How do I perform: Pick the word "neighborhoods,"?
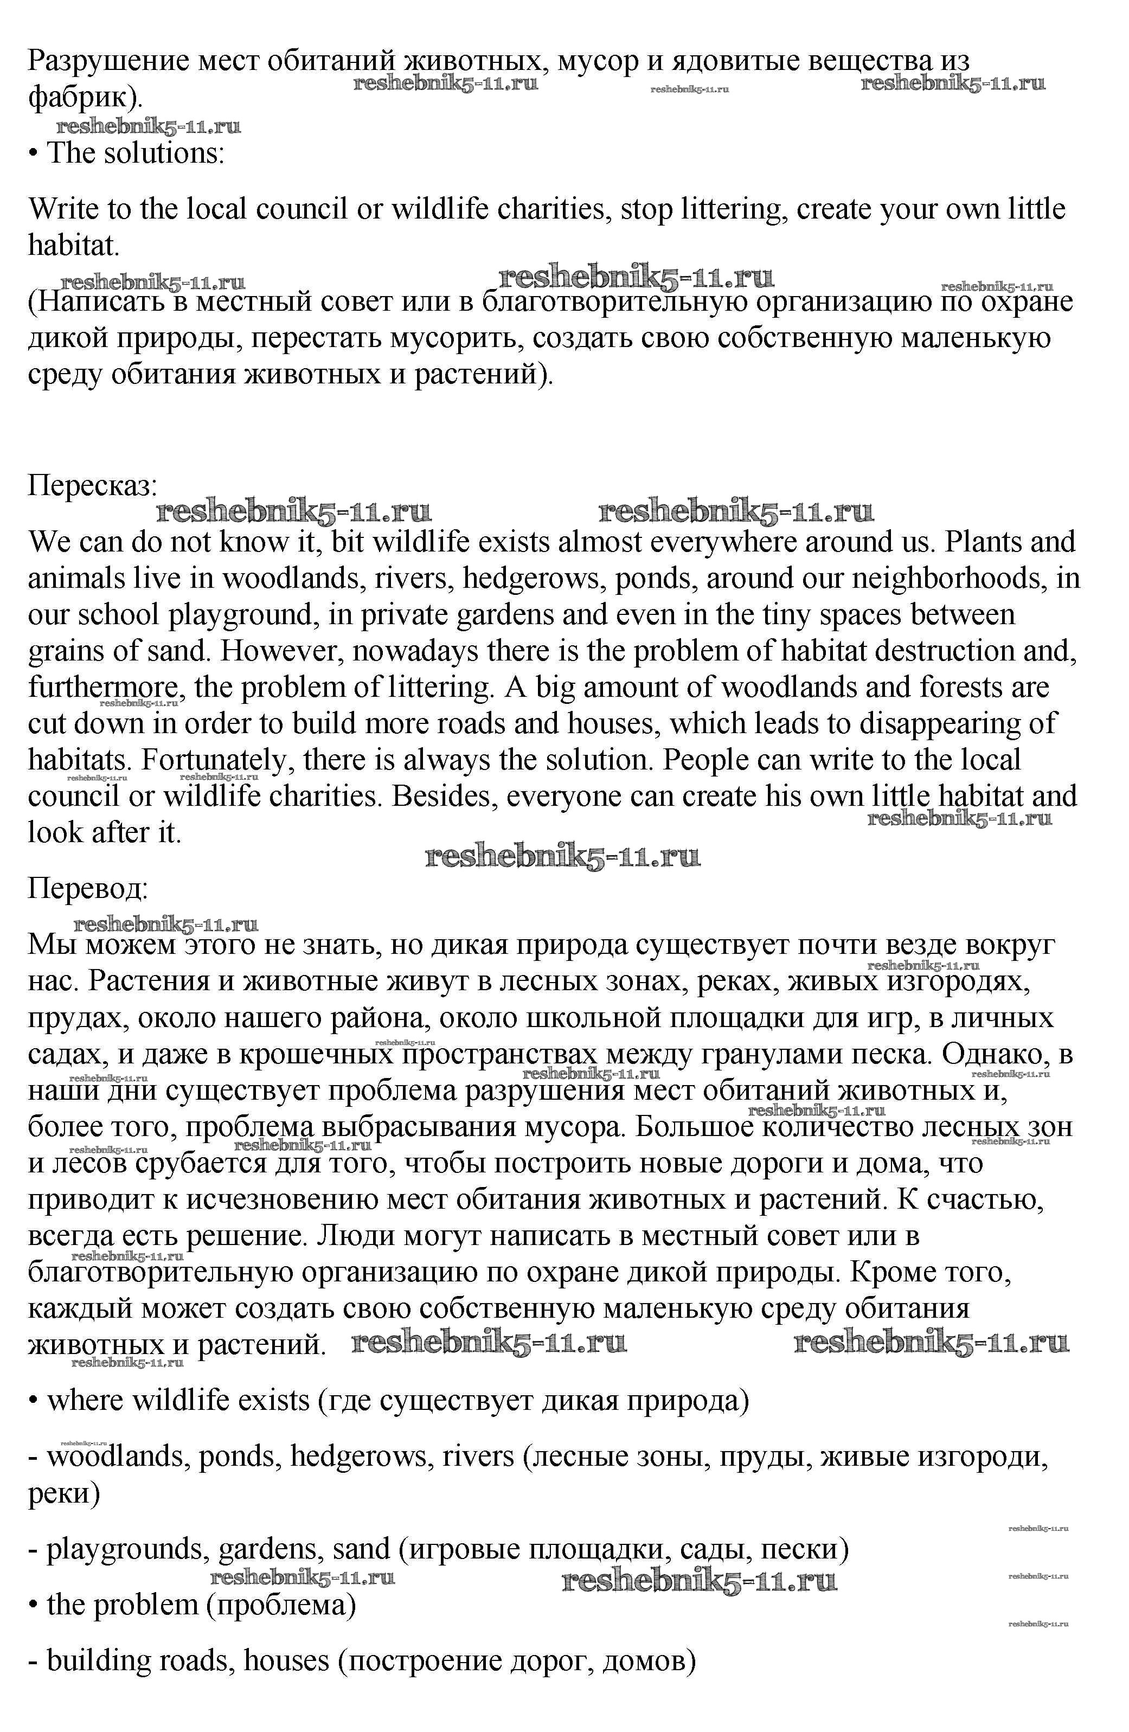(950, 579)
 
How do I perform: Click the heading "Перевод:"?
(88, 889)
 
